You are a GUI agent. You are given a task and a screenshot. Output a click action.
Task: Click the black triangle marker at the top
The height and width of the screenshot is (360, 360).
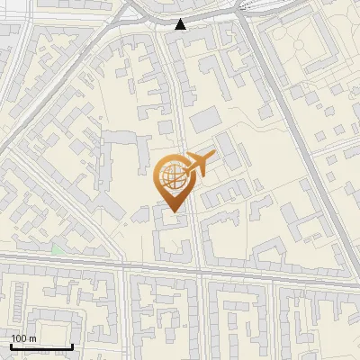(181, 23)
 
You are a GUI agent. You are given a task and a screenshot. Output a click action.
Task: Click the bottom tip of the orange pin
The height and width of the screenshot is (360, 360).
(172, 212)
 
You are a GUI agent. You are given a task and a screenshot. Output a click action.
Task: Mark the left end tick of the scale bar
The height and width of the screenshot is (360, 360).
(11, 346)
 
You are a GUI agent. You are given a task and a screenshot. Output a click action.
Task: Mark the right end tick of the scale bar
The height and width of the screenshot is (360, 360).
(72, 346)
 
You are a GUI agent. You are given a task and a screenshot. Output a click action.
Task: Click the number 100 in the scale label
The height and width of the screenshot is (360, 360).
(19, 337)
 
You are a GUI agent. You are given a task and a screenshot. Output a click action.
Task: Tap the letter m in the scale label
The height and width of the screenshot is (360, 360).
(32, 337)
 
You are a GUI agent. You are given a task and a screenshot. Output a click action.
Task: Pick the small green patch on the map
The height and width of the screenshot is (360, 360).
(57, 249)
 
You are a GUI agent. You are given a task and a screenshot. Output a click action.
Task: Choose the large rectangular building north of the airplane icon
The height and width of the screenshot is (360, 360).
(204, 120)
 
